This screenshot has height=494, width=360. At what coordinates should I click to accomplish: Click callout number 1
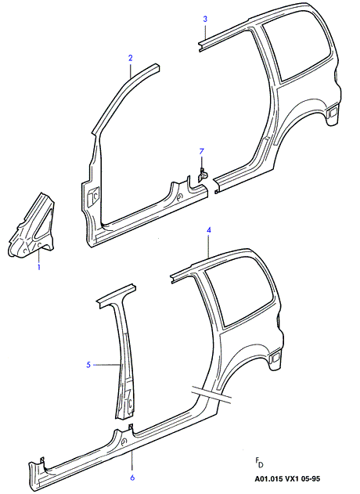coord(39,268)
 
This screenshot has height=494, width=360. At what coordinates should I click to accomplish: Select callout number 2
coord(131,58)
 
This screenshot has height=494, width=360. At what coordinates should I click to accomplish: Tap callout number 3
coord(205,19)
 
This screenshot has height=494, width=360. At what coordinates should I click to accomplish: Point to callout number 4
coord(209,230)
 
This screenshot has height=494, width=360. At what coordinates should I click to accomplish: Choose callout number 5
coord(88,365)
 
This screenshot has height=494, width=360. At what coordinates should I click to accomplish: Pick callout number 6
coord(132,478)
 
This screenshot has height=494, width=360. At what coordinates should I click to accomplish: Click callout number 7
coord(202,152)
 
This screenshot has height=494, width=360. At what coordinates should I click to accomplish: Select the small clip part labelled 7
coord(202,175)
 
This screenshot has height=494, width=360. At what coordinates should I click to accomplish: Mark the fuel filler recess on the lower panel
coord(275,357)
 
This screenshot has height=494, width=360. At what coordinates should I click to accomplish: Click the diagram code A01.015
coord(268,478)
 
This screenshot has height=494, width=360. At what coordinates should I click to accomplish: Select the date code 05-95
coord(310,478)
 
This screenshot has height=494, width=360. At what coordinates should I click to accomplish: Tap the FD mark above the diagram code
coord(259,463)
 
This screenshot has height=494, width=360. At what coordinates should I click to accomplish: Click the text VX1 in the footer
coord(291,478)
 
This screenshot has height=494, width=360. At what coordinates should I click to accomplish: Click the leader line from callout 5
coord(106,365)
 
